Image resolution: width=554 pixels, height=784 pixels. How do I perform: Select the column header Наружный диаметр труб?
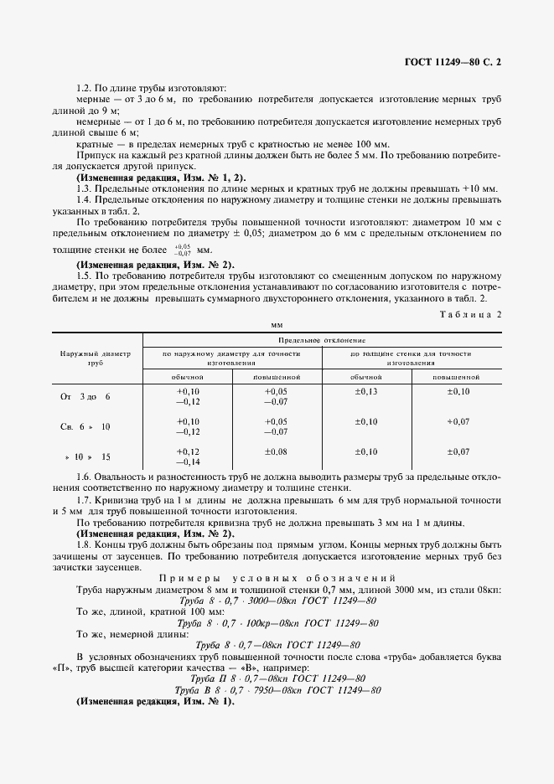point(95,359)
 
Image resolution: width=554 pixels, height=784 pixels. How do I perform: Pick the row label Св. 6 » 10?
point(85,427)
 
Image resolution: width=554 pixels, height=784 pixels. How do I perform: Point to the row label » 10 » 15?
point(87,457)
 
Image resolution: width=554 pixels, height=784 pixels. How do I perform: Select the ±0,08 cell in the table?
point(276,452)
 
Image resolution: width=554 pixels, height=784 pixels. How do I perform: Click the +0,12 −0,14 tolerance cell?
point(188,456)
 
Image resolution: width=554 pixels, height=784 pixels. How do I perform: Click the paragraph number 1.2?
point(84,88)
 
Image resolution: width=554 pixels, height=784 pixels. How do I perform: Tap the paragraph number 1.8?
point(84,544)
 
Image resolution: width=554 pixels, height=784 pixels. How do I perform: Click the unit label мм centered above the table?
point(277,323)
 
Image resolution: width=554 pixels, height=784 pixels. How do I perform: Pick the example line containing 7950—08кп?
point(277,667)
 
